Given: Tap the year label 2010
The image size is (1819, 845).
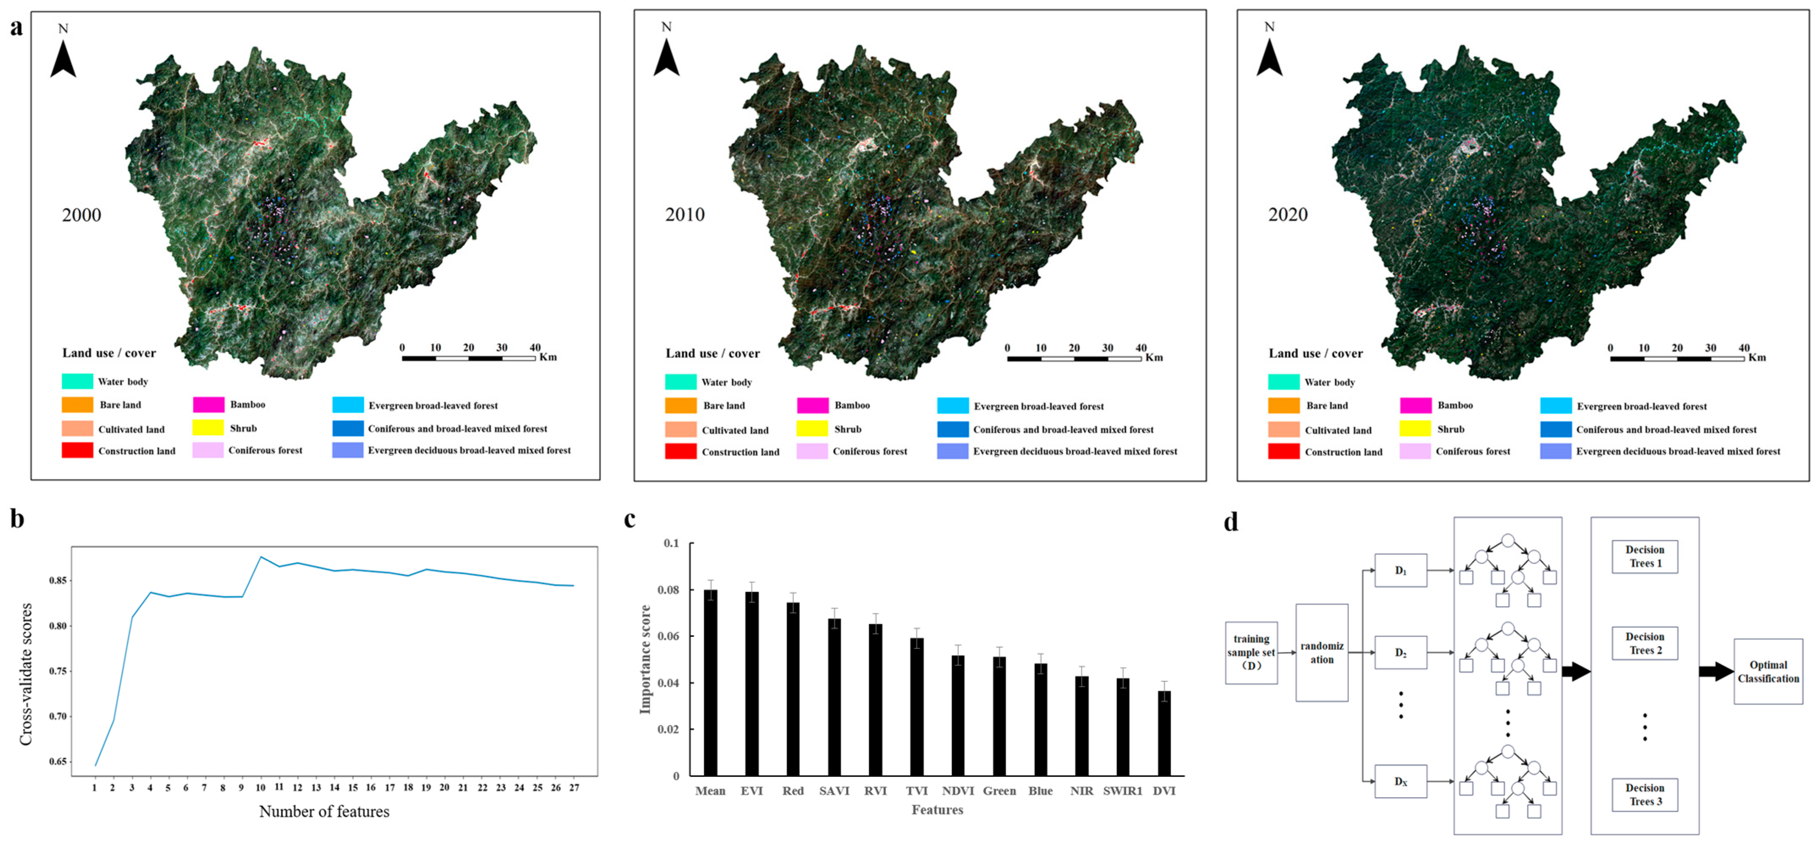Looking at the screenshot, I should (684, 214).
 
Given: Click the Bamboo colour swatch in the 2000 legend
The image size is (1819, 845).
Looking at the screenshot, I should (209, 404).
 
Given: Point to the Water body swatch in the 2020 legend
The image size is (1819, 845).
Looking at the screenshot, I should (1283, 382).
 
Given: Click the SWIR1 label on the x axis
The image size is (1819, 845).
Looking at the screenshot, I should (1122, 790).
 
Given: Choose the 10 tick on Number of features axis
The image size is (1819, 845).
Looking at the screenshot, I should (261, 787).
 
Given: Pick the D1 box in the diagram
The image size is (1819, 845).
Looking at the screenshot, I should (1400, 571).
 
